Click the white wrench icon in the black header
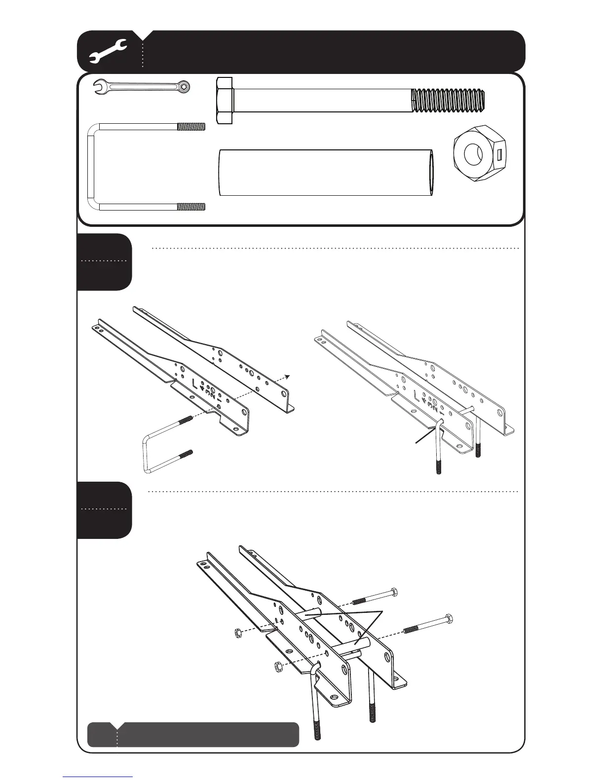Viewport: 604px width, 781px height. [x=109, y=51]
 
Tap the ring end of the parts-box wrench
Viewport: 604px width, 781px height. [x=184, y=87]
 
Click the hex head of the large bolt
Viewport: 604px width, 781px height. [x=225, y=100]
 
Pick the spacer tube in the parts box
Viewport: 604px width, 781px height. [x=326, y=173]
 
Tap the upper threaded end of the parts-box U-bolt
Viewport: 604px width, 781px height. [x=191, y=126]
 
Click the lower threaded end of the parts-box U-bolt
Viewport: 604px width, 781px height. [x=191, y=207]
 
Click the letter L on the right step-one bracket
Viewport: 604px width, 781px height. [x=417, y=396]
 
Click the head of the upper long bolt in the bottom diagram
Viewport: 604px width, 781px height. [x=393, y=592]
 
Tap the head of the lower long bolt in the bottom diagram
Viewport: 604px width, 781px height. [x=449, y=619]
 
